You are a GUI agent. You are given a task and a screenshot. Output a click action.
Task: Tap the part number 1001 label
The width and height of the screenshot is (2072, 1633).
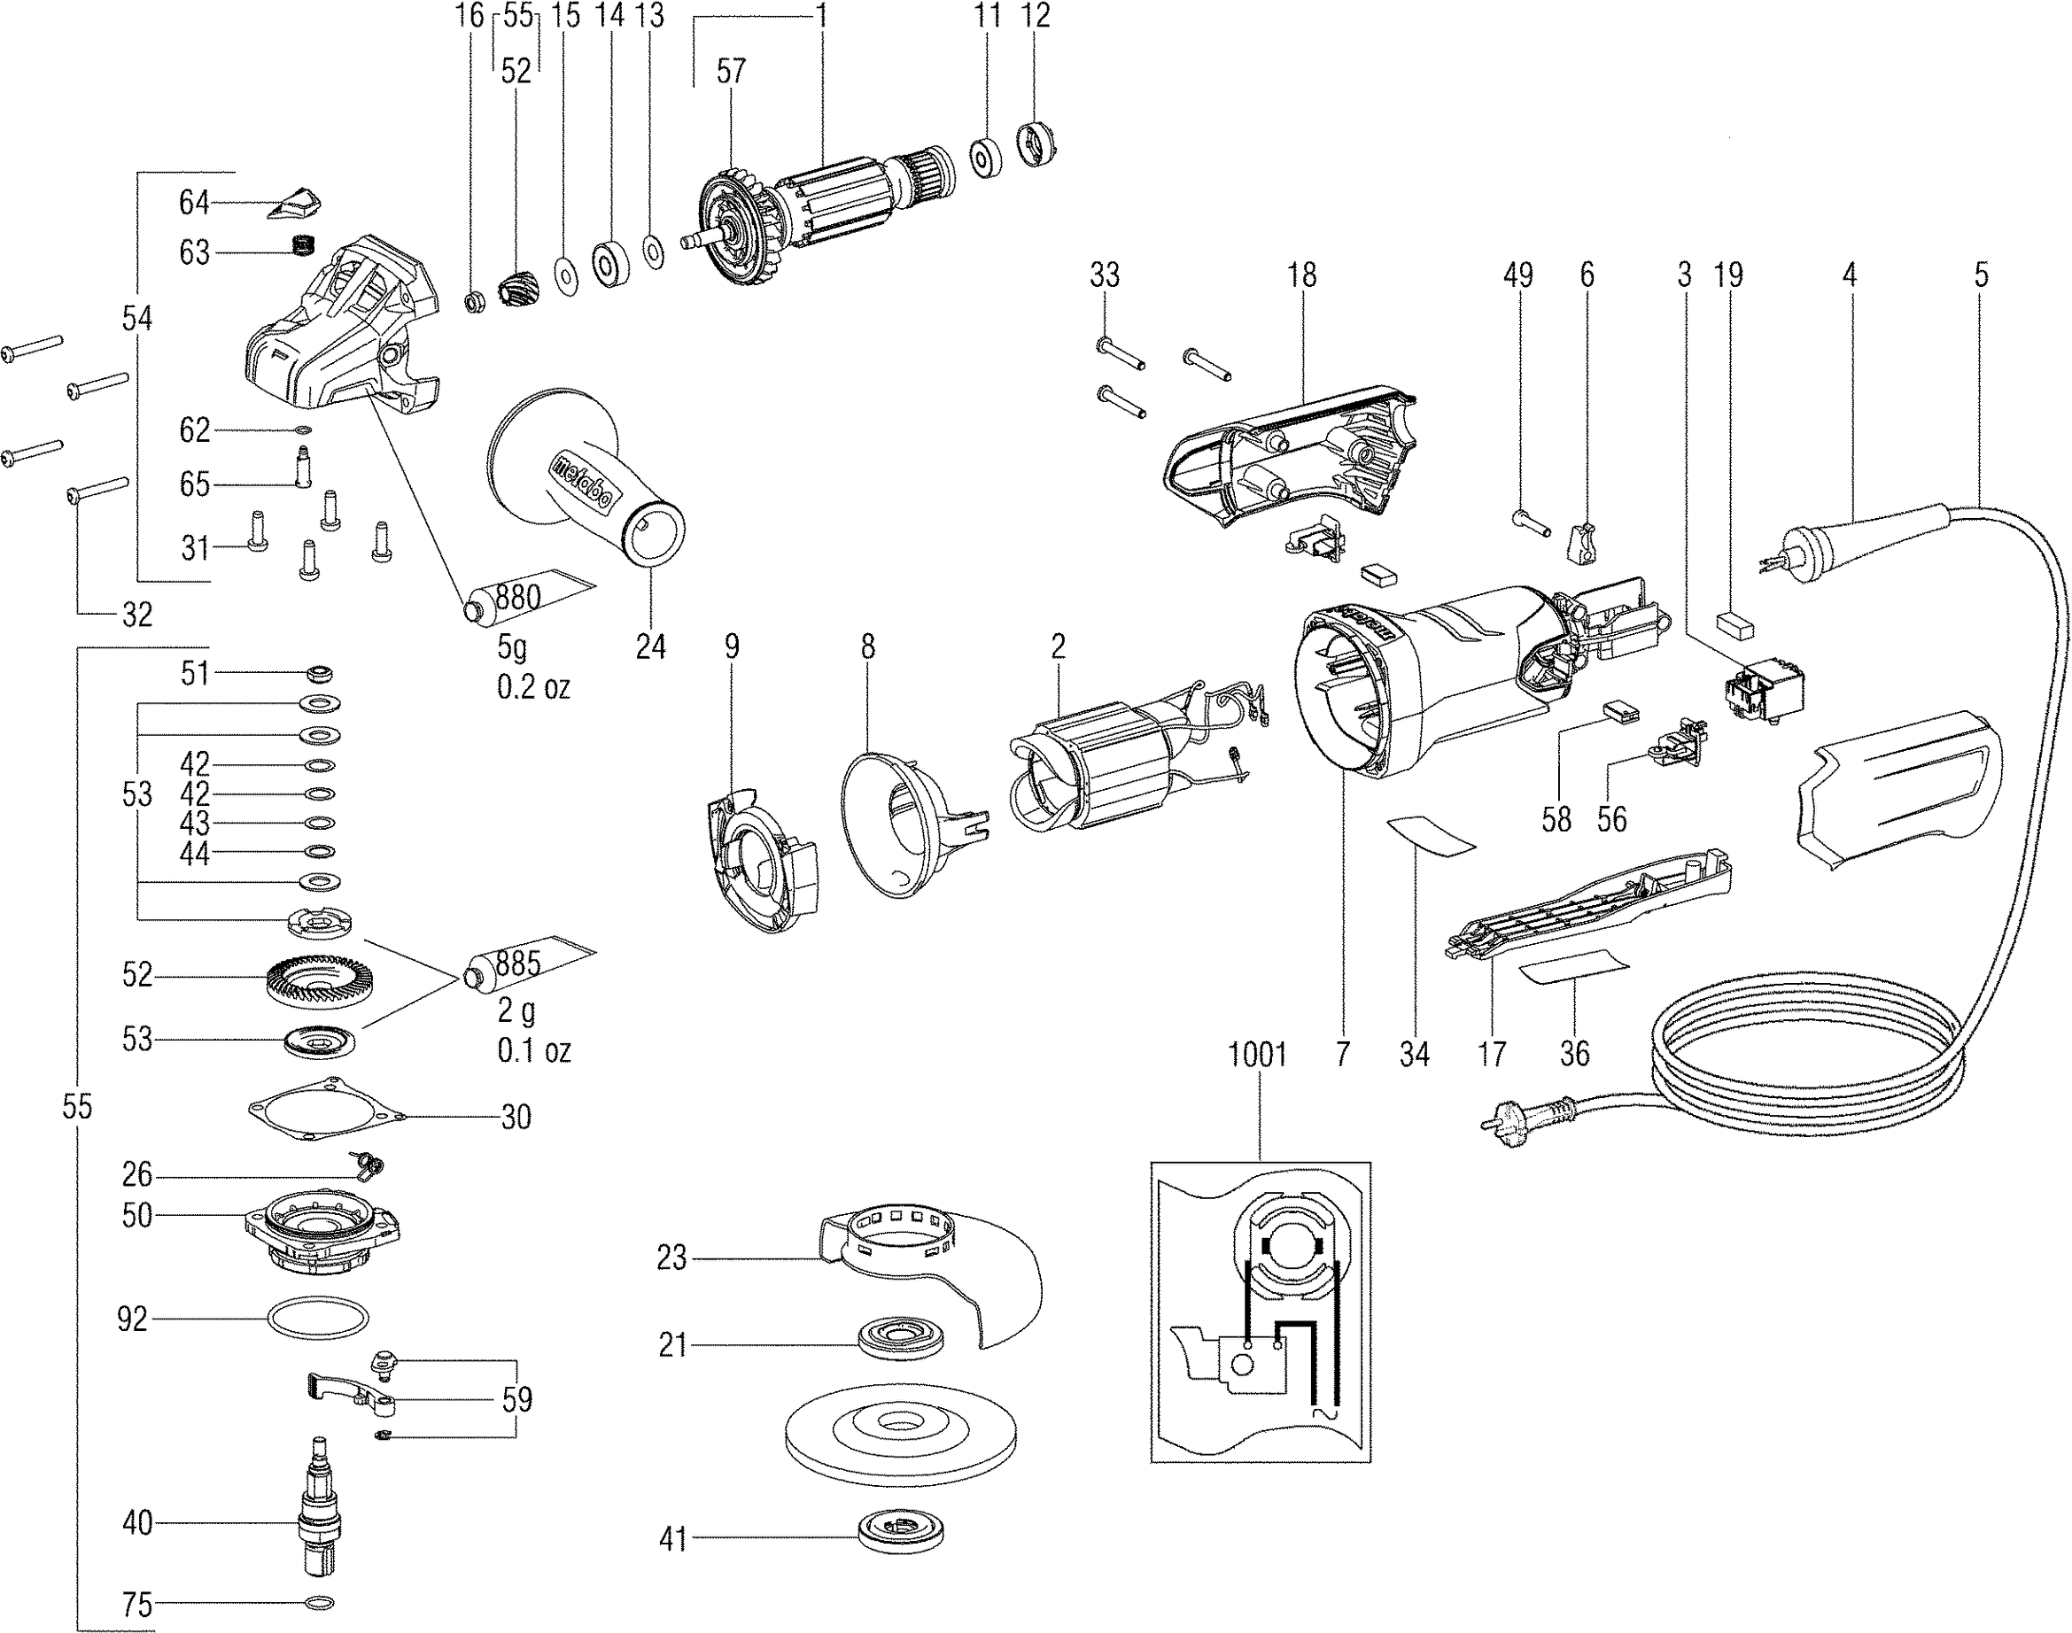pos(1256,1055)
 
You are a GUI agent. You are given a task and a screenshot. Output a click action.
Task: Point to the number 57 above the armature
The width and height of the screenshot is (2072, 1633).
pos(731,71)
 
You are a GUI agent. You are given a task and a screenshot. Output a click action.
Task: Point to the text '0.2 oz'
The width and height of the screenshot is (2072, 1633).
pos(532,687)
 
